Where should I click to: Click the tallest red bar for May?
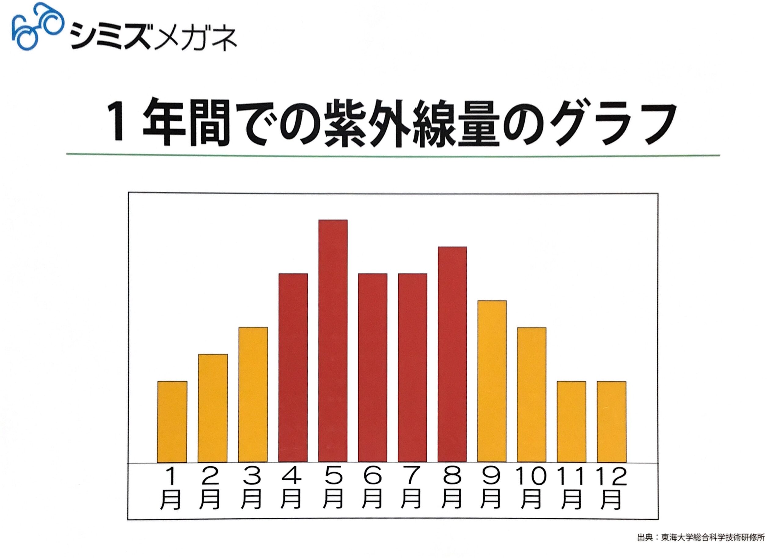(333, 341)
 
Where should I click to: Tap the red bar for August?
(452, 354)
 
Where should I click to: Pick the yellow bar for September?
(491, 381)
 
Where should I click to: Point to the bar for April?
(293, 367)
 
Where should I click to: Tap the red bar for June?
(372, 367)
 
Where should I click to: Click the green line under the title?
(393, 155)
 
